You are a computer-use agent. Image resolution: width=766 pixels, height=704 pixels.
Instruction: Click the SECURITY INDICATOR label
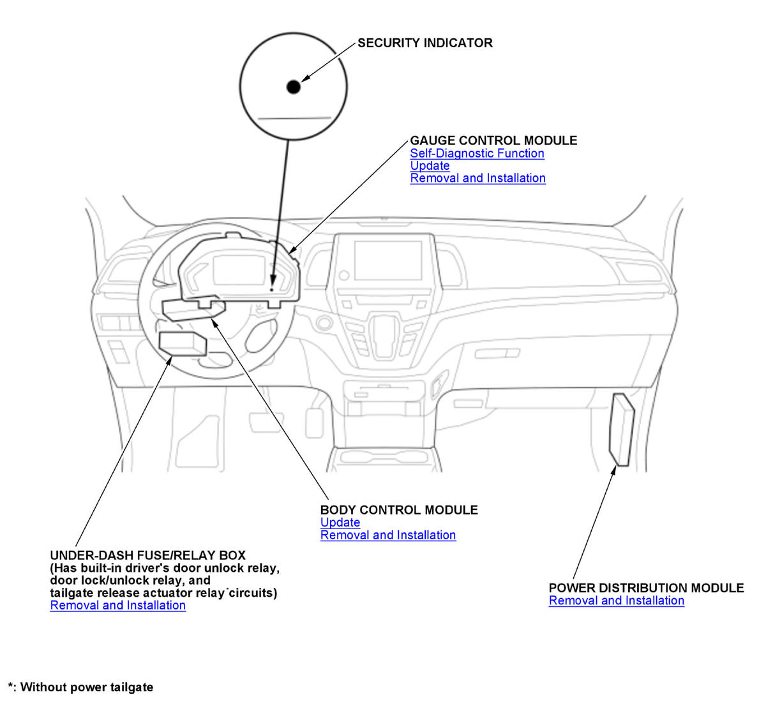click(x=424, y=43)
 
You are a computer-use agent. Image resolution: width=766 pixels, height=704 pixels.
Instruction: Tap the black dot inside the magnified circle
click(x=293, y=87)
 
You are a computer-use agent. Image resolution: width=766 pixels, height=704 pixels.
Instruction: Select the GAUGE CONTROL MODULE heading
click(x=493, y=140)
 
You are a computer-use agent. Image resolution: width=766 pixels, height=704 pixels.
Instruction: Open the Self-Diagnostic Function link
click(x=477, y=153)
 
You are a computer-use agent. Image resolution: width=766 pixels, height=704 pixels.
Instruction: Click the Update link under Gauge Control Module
click(x=430, y=166)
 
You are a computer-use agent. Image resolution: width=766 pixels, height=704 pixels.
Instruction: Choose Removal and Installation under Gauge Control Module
click(x=477, y=178)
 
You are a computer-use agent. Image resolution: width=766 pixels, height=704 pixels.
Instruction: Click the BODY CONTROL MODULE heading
click(x=398, y=510)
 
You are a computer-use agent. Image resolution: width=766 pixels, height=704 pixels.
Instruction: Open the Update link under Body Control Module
click(x=340, y=522)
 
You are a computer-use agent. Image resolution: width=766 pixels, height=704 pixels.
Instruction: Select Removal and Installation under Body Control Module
click(x=387, y=535)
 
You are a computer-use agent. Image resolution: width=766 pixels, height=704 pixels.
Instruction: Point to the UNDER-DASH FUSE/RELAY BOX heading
click(x=147, y=555)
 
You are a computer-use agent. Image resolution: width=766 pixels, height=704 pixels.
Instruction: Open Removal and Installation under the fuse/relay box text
click(x=117, y=605)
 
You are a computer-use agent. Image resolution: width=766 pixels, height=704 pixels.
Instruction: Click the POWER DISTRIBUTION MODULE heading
click(x=646, y=588)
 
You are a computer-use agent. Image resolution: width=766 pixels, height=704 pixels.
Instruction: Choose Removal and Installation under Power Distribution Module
click(x=616, y=601)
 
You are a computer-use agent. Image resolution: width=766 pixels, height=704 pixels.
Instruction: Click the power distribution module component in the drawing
click(x=622, y=429)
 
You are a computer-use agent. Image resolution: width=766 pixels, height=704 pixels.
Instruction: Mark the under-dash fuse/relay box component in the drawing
click(x=182, y=343)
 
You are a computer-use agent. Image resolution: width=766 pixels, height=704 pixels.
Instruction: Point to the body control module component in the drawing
click(x=193, y=310)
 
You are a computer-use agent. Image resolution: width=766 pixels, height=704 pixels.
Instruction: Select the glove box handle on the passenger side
click(x=496, y=353)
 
